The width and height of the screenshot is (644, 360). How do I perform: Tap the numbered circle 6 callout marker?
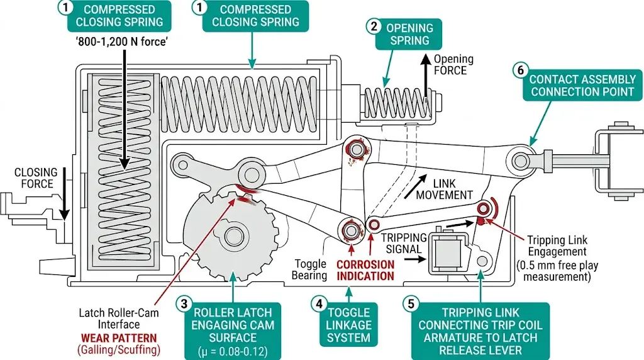pos(519,72)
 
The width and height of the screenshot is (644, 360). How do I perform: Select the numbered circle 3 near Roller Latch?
pos(184,303)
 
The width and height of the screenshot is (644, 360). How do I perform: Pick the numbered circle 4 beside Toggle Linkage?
pos(319,303)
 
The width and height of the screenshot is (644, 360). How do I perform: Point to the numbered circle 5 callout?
pos(409,303)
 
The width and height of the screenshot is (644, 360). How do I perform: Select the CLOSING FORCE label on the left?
pos(36,178)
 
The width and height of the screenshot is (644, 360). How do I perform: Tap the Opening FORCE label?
pos(453,64)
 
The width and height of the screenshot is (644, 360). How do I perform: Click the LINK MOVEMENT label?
pos(444,188)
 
